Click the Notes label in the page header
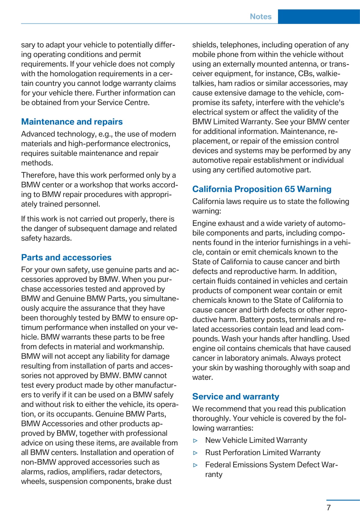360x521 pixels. tap(260, 17)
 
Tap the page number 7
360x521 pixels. tap(329, 507)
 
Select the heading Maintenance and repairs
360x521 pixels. tap(72, 122)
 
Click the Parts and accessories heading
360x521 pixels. tap(66, 258)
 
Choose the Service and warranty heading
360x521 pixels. tap(235, 397)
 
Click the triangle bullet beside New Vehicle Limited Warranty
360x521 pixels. tap(195, 441)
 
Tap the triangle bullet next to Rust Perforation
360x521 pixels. tap(195, 453)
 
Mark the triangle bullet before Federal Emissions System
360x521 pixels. tap(195, 465)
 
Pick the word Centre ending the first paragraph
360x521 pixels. tap(138, 103)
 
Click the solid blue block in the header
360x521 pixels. tap(319, 17)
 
